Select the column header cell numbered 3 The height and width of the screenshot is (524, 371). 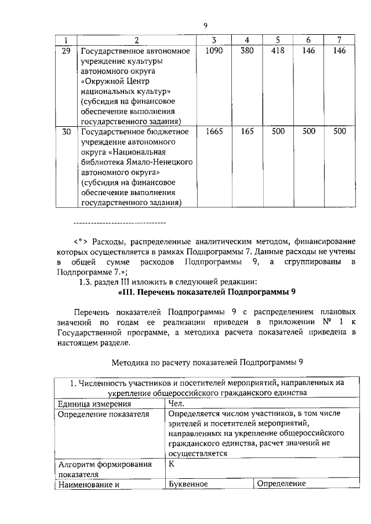coord(214,40)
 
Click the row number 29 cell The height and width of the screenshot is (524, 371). coord(66,51)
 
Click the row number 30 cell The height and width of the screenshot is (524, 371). coord(66,132)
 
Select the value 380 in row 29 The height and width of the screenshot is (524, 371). coord(247,51)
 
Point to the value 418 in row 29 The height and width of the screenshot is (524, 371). coord(278,51)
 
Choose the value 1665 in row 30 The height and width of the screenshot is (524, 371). coord(214,132)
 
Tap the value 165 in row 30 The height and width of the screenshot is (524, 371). coord(247,132)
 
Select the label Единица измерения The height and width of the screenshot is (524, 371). coord(92,404)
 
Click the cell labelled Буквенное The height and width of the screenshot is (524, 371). coord(188,484)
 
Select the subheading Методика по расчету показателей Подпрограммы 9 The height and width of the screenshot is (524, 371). coord(207,362)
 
